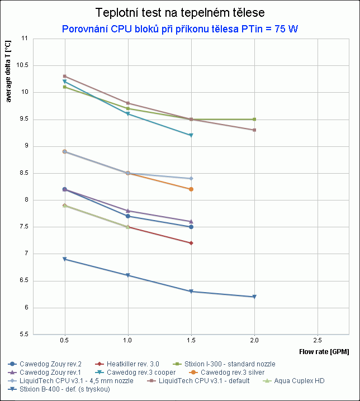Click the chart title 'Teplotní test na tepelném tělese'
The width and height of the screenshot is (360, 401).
179,12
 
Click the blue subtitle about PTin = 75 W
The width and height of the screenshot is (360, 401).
179,28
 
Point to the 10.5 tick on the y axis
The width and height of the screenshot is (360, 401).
23,65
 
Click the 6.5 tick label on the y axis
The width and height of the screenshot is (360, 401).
23,281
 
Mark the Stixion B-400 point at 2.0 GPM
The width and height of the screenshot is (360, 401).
254,297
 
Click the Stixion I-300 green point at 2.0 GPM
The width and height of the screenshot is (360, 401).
254,119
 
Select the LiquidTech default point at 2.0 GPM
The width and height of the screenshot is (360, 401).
254,130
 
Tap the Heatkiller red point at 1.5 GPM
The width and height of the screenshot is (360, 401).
191,243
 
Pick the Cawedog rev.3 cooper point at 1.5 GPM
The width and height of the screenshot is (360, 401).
191,135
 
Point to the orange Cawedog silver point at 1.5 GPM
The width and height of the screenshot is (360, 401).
191,189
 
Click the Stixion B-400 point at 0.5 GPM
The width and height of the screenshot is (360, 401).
65,259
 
